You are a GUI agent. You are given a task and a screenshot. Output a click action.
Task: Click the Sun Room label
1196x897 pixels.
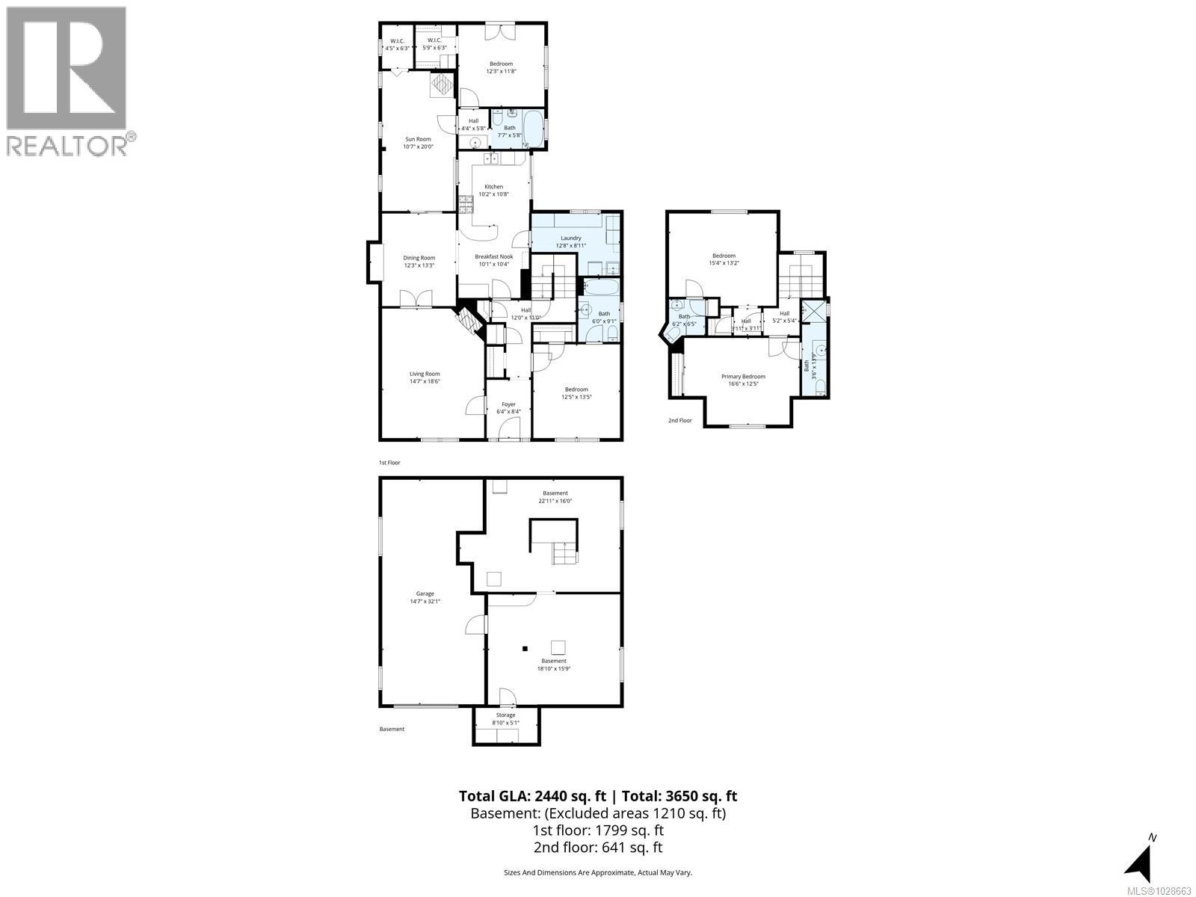tap(418, 139)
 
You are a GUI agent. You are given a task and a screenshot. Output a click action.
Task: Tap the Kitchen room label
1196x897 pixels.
tap(493, 187)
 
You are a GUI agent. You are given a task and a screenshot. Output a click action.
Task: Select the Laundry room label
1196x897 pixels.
tap(571, 238)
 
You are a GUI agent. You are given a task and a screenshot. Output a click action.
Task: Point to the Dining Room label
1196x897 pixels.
tap(419, 258)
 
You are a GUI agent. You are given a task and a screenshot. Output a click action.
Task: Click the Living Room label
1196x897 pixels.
tap(424, 374)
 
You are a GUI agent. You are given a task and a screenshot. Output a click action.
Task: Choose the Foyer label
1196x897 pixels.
tap(508, 404)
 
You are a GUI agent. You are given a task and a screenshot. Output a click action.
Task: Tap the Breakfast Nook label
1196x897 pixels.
tap(493, 256)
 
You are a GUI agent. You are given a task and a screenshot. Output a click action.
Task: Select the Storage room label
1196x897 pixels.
tap(505, 715)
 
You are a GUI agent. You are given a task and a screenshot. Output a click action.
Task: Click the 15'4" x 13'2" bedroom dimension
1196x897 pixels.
tap(724, 263)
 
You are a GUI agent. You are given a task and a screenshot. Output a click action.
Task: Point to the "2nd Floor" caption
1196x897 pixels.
tap(679, 421)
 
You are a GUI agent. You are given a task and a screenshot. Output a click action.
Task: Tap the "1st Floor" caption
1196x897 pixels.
tap(389, 463)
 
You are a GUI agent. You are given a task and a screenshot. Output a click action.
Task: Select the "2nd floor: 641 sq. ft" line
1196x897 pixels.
tap(597, 847)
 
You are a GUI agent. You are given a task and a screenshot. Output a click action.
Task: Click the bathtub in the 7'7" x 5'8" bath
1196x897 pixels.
tap(533, 129)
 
